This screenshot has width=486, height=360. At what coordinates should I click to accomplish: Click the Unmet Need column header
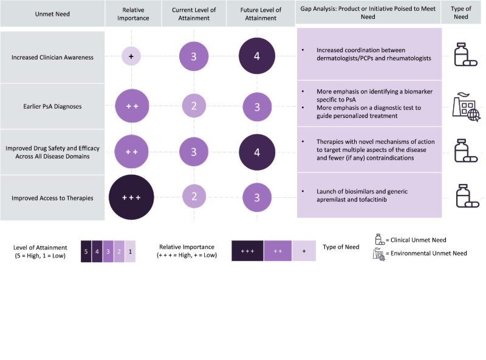(52, 13)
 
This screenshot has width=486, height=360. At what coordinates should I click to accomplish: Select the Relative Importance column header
(132, 13)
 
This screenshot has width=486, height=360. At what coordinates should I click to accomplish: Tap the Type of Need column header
(461, 13)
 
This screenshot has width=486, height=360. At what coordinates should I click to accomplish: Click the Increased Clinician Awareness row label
(52, 58)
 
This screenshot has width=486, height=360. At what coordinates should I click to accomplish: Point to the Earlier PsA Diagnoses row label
(52, 107)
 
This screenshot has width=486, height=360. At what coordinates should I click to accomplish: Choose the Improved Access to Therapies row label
(52, 198)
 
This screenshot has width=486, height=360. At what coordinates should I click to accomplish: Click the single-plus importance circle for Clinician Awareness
(131, 56)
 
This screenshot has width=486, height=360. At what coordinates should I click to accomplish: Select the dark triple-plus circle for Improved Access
(131, 198)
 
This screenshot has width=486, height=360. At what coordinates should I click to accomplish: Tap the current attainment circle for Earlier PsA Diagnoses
(194, 107)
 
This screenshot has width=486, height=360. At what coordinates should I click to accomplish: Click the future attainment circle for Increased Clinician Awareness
(256, 56)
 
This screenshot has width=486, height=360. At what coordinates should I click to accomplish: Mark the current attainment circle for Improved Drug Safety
(194, 152)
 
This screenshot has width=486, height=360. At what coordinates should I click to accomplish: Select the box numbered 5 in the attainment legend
(86, 251)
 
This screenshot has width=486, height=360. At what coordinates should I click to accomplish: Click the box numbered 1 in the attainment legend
(129, 251)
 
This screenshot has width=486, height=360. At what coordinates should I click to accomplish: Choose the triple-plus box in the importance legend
(247, 251)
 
